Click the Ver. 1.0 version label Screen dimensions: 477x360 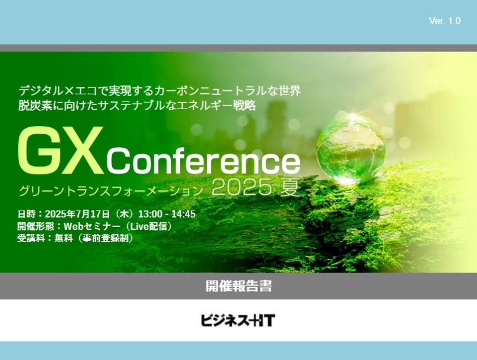pos(445,21)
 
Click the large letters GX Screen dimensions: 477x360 pos(60,151)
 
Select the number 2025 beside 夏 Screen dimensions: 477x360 pos(242,186)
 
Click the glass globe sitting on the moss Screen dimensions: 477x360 pos(351,148)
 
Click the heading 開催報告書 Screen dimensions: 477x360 pos(238,286)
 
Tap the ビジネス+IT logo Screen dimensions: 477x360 pos(238,320)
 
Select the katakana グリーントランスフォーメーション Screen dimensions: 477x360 pos(111,191)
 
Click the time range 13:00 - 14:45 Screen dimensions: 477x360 pos(167,214)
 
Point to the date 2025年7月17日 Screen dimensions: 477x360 pos(77,214)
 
